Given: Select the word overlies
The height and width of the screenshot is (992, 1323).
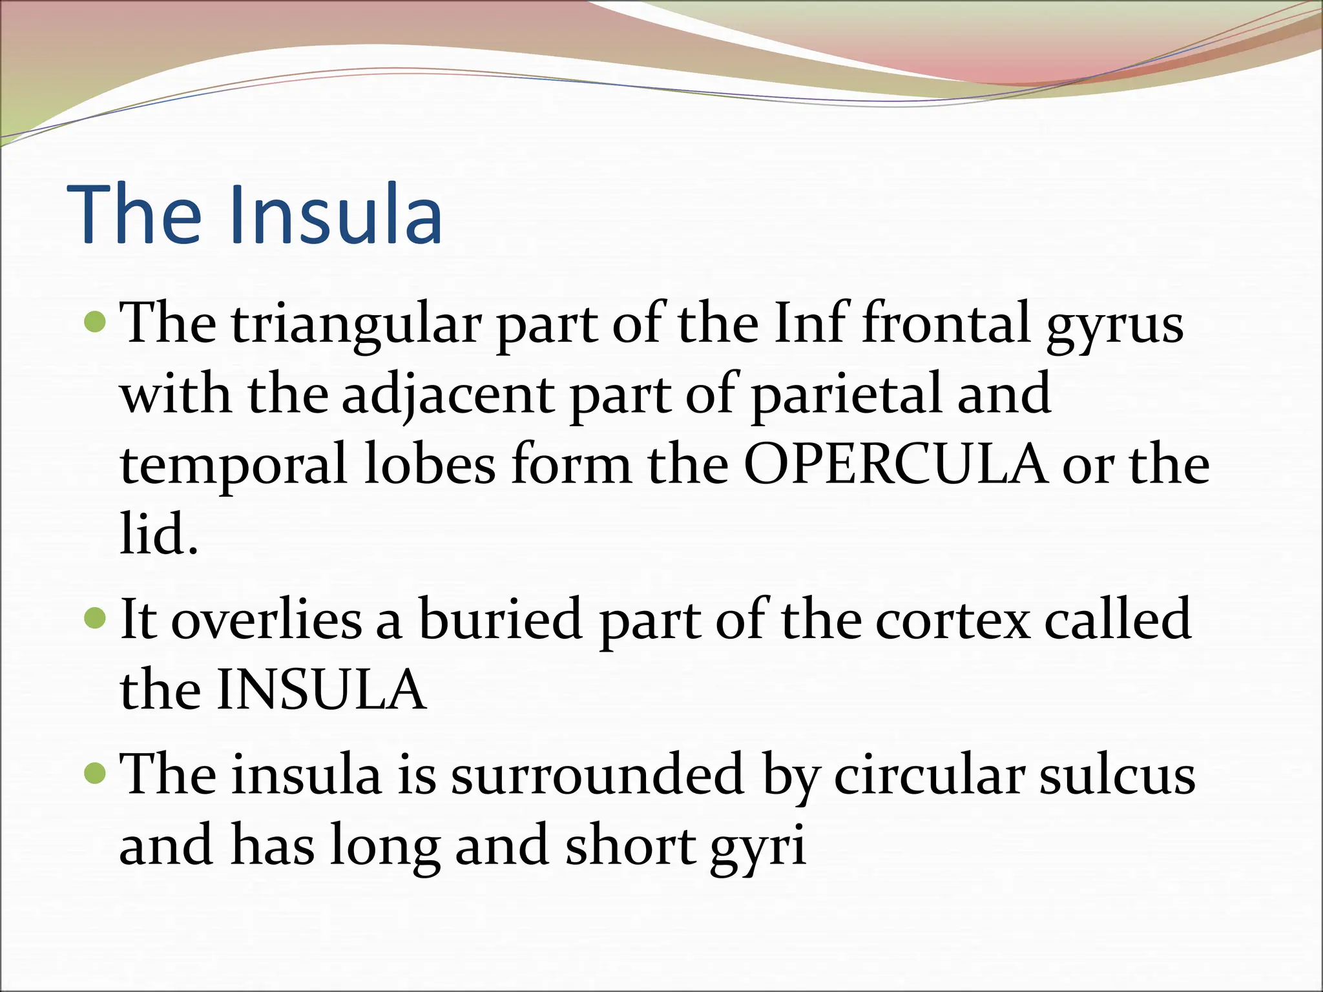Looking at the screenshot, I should [x=266, y=619].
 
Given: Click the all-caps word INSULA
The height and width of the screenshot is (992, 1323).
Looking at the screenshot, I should [x=321, y=690].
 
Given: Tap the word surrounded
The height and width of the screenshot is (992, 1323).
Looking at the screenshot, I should [x=597, y=775].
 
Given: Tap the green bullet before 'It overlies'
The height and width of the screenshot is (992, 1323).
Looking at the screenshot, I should [x=95, y=618].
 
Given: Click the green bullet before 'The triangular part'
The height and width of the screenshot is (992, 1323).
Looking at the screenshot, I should [x=95, y=321].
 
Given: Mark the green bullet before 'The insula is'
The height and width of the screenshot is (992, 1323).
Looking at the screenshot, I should [x=95, y=772].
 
